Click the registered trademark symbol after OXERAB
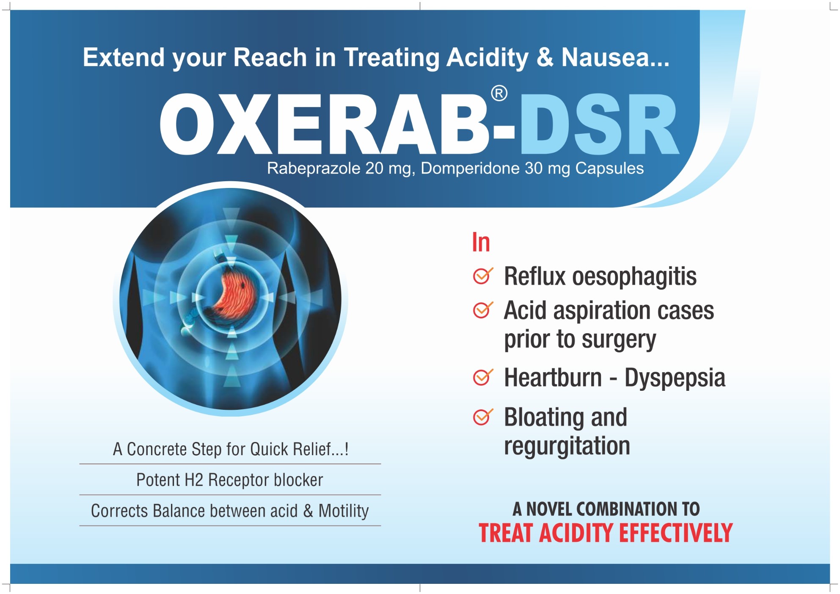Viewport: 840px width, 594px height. point(499,94)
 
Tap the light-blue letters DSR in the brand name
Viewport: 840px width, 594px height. point(599,124)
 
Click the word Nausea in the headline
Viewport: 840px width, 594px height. point(605,57)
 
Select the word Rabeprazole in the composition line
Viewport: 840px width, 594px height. point(314,169)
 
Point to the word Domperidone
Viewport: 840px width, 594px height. point(470,169)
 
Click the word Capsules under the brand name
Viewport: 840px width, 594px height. point(609,169)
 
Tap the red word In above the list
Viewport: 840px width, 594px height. point(481,242)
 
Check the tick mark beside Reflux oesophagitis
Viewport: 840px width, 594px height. point(483,276)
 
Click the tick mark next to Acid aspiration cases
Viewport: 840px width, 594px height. point(483,310)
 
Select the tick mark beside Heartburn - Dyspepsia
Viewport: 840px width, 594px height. point(483,377)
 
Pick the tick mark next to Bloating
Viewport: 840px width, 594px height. point(483,417)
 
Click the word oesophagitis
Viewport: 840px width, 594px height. point(634,277)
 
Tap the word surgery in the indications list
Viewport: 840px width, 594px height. point(619,340)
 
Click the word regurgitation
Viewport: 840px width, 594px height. point(567,446)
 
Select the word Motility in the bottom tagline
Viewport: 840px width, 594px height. point(343,511)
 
